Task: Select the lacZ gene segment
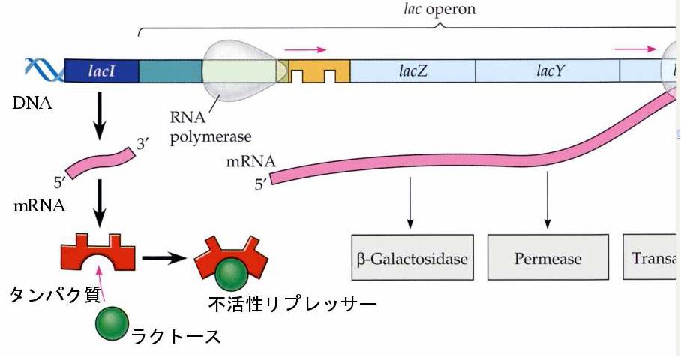point(412,70)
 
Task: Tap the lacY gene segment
point(547,70)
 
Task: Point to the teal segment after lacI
point(170,70)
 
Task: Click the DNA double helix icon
point(43,70)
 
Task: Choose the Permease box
point(547,259)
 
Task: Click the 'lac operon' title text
point(439,10)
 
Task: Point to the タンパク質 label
point(54,295)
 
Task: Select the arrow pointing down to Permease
point(547,202)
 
